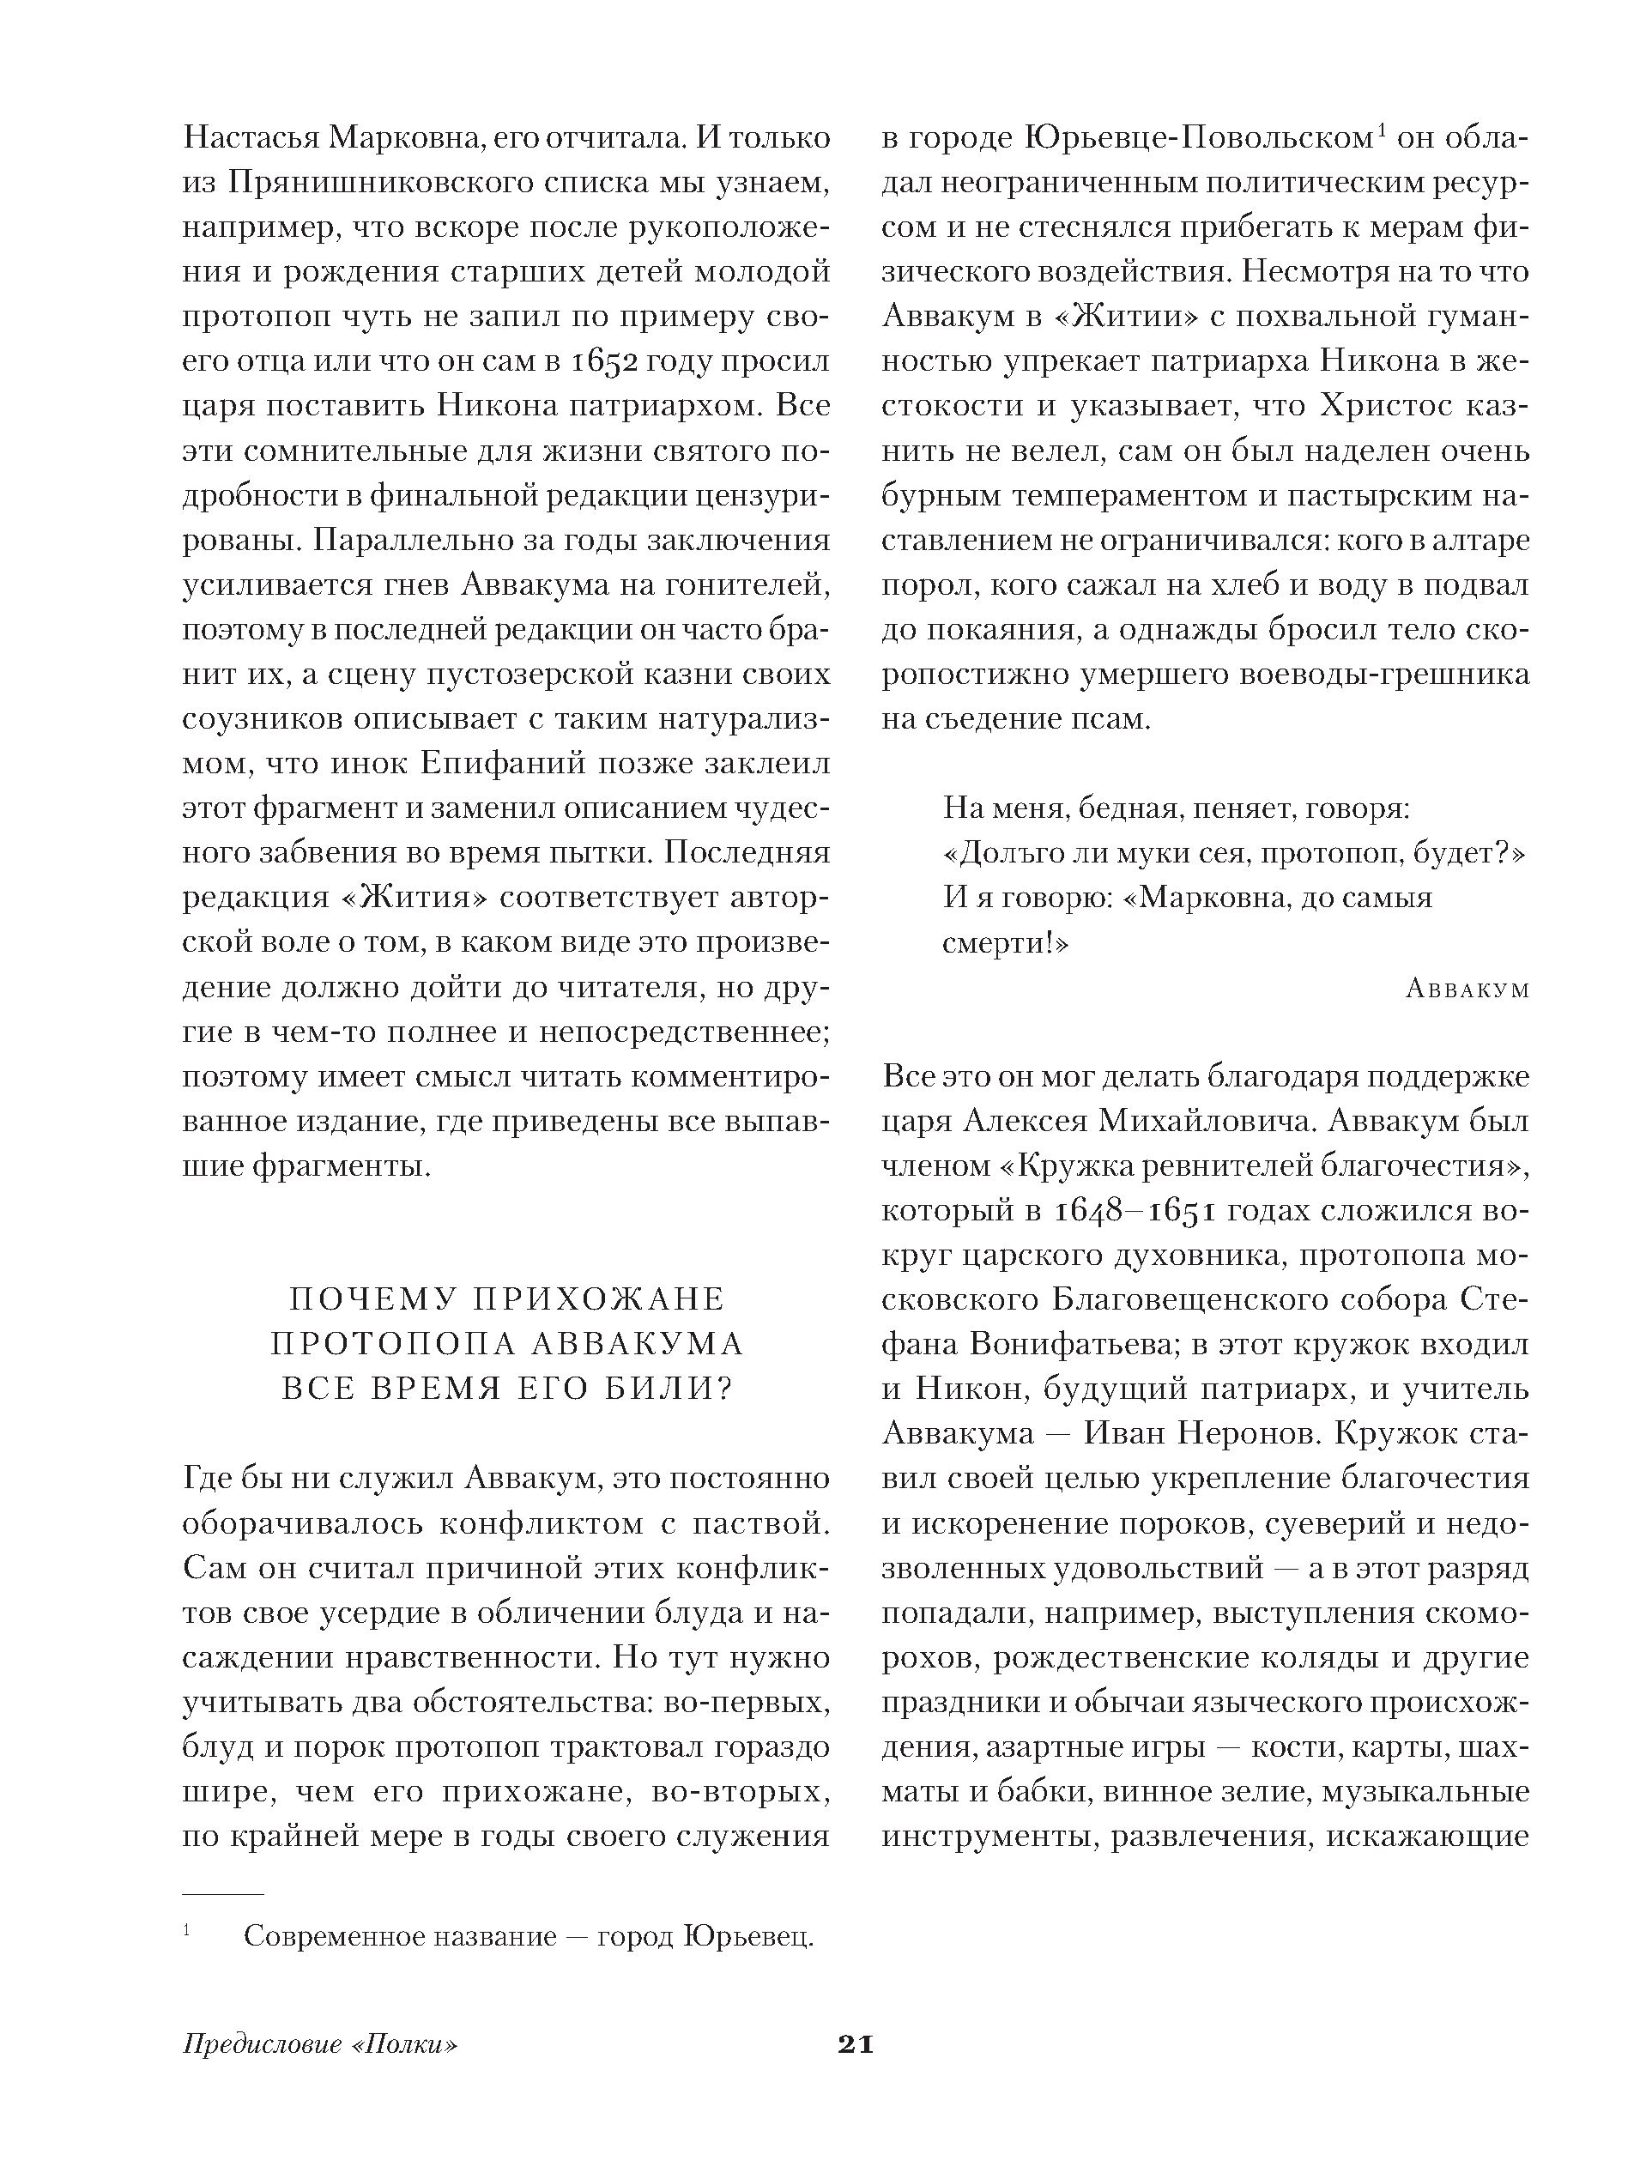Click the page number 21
point(855,2045)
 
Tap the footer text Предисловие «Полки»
point(321,2046)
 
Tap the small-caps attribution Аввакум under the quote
point(1467,989)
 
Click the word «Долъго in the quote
point(1014,853)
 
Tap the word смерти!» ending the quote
point(1006,942)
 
